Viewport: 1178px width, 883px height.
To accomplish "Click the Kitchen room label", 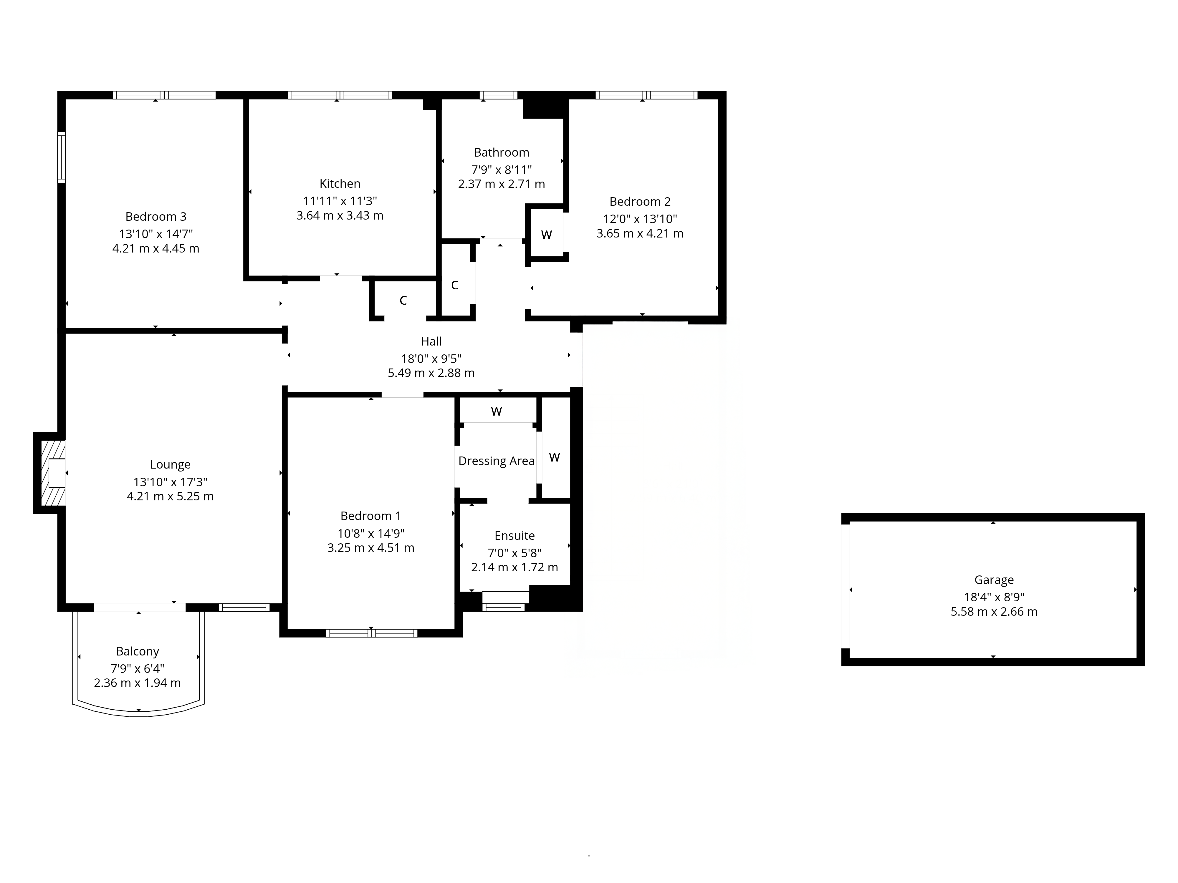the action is coord(340,184).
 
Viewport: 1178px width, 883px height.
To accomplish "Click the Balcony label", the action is coord(138,651).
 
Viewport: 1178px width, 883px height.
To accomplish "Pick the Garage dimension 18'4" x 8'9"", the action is coord(994,597).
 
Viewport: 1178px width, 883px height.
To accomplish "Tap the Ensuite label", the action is coord(514,535).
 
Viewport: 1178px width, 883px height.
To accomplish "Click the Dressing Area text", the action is coord(496,461).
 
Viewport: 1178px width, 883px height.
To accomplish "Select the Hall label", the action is coord(431,341).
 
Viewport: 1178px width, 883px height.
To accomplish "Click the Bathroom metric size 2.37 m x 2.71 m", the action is coord(501,184).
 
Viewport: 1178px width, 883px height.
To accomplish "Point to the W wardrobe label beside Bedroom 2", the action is coord(546,235).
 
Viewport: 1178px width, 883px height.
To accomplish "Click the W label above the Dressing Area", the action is coord(496,411).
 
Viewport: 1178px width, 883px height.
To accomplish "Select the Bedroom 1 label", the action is coord(371,516).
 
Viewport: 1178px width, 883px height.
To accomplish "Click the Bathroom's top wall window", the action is coord(499,95).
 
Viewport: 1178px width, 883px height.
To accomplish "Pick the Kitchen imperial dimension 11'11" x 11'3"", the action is coord(340,201).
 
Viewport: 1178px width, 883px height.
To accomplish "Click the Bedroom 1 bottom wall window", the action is coord(371,633).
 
